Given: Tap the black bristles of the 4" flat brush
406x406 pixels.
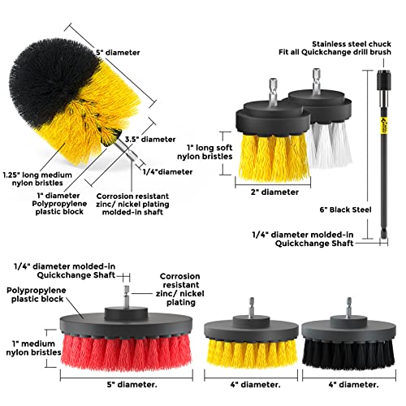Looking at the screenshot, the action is (348, 353).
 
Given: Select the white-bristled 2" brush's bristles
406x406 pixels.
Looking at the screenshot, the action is (330, 145).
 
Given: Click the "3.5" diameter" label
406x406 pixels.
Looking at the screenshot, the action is (150, 140).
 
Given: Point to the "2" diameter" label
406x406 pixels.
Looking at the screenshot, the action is (274, 192).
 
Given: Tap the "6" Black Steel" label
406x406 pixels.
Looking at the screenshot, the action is (345, 209).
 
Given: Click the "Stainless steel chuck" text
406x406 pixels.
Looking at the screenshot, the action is (352, 44).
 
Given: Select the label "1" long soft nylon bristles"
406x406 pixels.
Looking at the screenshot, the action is (205, 152).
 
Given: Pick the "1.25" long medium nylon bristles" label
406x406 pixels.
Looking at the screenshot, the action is (37, 179).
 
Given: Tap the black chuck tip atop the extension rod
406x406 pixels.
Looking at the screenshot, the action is (383, 76).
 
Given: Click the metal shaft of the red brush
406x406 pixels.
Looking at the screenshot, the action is (127, 296).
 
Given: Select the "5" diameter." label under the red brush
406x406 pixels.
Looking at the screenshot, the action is (132, 385).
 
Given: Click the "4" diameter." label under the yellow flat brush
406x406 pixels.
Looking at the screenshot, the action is (256, 385).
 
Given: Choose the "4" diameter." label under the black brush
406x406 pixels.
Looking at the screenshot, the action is (353, 385).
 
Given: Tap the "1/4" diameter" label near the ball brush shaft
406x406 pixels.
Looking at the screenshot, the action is (168, 172).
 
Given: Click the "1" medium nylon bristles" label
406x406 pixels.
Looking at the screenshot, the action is (33, 348).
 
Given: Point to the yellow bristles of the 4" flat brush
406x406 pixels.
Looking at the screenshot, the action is (252, 353).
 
